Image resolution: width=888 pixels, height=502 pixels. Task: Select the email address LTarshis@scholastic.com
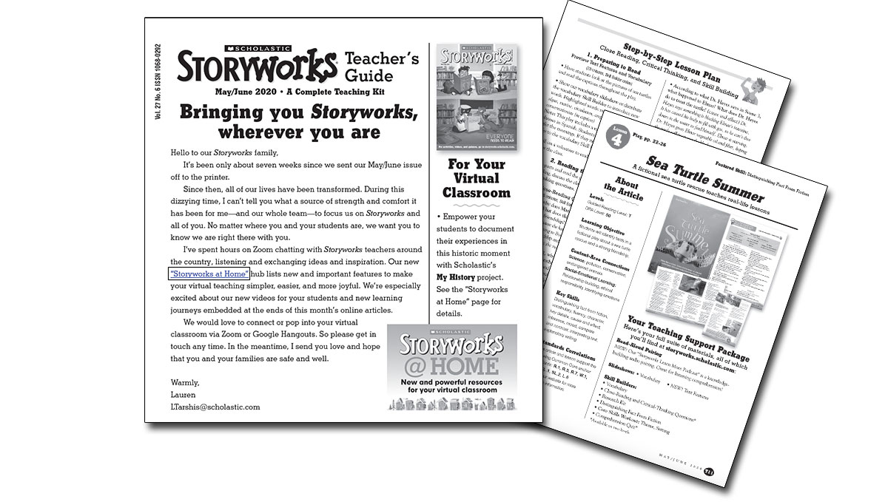point(215,407)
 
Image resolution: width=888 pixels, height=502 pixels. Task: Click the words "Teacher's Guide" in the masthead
point(382,67)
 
